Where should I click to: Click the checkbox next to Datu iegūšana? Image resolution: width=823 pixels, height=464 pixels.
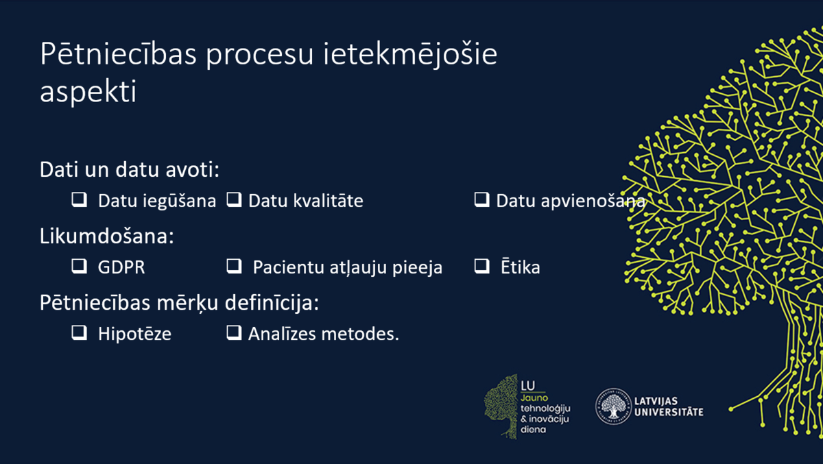click(80, 199)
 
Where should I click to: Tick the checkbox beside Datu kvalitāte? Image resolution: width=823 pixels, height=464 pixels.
click(234, 199)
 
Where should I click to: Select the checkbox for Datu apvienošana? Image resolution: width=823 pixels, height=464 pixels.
click(481, 199)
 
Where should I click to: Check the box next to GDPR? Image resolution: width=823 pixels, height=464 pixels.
click(80, 266)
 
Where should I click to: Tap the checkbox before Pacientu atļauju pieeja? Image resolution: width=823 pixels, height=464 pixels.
click(234, 266)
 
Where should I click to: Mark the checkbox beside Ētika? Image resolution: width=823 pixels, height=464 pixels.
click(481, 266)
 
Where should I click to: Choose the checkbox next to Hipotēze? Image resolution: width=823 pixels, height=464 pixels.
click(80, 332)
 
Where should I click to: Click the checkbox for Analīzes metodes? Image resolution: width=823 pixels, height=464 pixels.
click(234, 332)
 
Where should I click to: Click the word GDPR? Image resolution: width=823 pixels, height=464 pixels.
click(121, 267)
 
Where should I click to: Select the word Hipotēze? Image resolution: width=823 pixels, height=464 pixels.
click(134, 334)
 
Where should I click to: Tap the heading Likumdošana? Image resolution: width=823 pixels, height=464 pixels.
click(106, 236)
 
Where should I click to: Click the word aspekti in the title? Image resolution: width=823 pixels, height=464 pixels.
click(88, 92)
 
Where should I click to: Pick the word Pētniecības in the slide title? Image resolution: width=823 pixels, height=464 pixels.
click(118, 53)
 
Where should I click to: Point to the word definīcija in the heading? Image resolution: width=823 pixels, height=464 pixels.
click(272, 303)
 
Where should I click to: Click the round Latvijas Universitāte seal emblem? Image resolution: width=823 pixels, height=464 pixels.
click(613, 406)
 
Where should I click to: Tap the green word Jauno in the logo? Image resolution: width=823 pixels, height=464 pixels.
click(534, 398)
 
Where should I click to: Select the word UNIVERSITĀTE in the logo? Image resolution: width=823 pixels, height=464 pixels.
click(669, 412)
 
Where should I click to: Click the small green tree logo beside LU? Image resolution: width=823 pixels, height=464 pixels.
click(501, 406)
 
